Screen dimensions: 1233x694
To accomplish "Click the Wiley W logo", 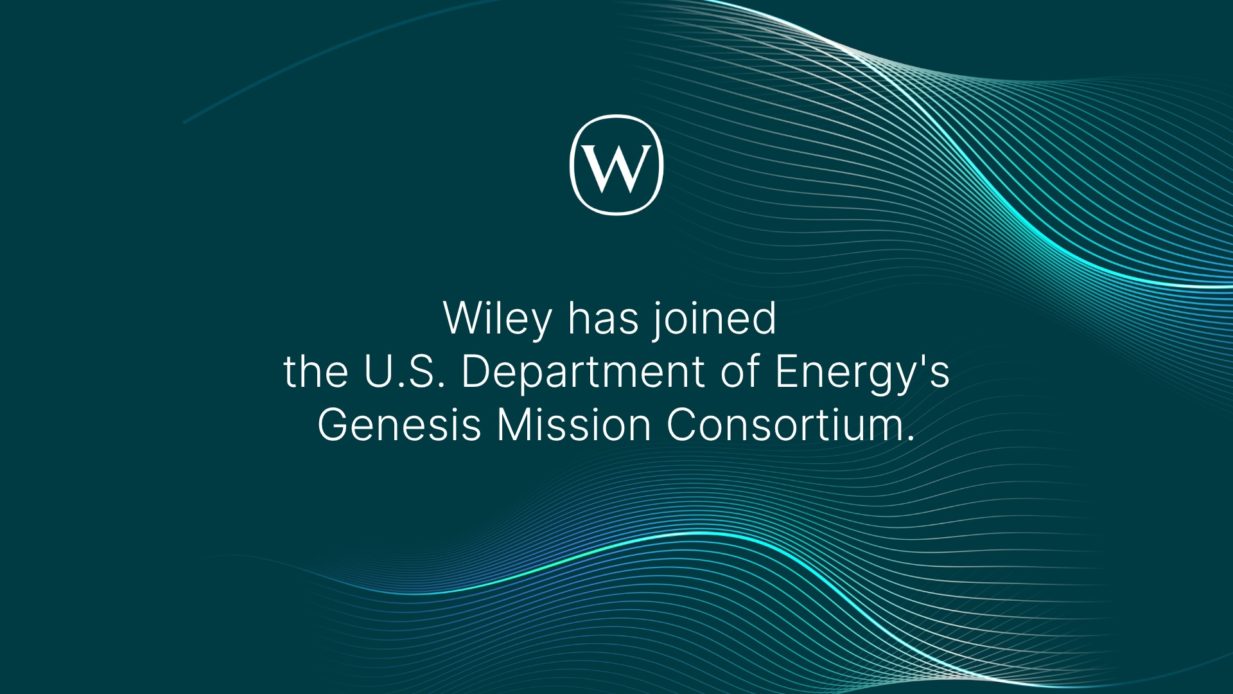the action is [x=616, y=165].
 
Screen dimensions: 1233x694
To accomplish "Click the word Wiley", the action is [x=498, y=319].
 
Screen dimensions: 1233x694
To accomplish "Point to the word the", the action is [x=316, y=371].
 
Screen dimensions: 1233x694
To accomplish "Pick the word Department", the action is [x=583, y=373].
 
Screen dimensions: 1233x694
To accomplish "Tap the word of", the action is [x=740, y=371].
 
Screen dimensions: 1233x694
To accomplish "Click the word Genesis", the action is [x=399, y=425].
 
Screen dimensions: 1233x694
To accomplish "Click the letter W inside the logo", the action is [x=616, y=168].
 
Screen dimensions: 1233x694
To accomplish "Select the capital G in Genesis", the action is [x=335, y=425].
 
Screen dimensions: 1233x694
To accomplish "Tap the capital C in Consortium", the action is [x=683, y=425].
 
